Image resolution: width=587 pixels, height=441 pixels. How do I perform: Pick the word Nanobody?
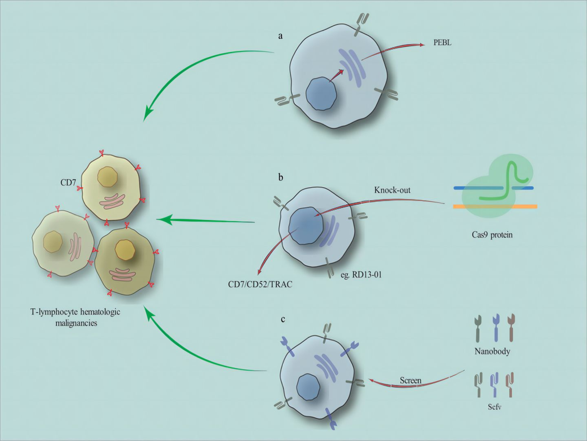coord(493,351)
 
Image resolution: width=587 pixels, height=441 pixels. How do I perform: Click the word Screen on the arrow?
coord(411,380)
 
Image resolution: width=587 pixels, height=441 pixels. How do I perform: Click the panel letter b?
coord(280,177)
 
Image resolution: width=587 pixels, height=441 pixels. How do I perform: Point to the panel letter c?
coord(283,319)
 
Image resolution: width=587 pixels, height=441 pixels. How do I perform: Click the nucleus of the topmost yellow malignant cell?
coord(107,177)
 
